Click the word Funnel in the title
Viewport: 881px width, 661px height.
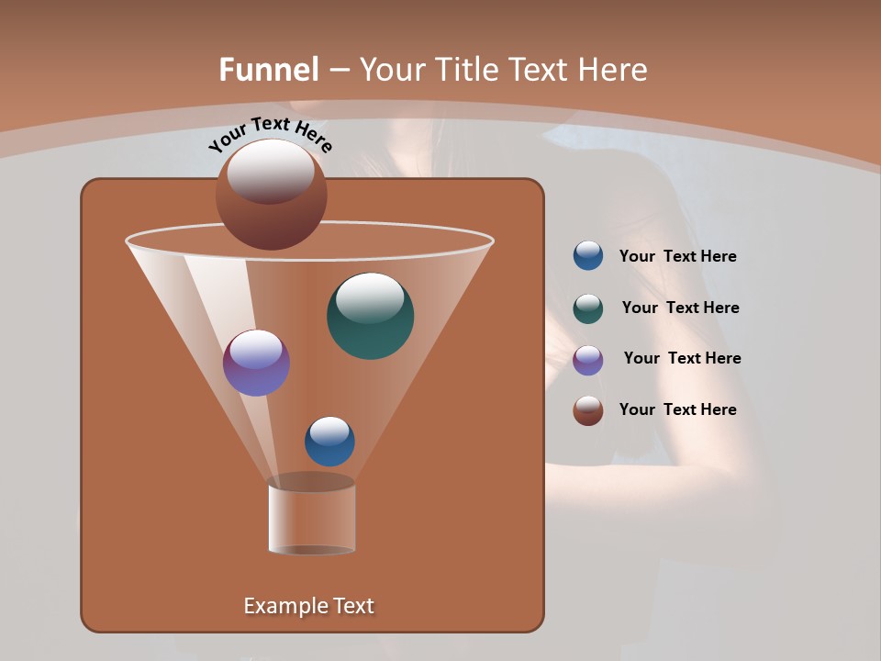tap(269, 69)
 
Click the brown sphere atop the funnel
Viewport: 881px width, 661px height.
tap(271, 195)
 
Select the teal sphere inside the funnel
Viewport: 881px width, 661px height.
tap(371, 317)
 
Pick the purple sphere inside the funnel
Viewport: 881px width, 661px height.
tap(256, 363)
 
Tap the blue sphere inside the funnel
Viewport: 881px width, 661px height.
tap(329, 442)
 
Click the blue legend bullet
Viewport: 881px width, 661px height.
tap(588, 256)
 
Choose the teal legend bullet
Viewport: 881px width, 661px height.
tap(588, 308)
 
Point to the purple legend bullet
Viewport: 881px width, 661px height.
tap(588, 360)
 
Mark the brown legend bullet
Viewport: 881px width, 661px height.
tap(588, 410)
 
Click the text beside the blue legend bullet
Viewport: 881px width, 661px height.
tap(677, 257)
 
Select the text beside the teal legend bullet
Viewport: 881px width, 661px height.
tap(680, 308)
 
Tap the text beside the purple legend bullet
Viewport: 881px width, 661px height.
tap(682, 358)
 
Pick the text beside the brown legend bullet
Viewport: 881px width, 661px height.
tap(677, 409)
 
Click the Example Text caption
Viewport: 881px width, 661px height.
tap(308, 606)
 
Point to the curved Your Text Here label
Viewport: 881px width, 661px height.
tap(270, 133)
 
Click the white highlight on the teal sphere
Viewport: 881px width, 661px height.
tap(370, 297)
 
